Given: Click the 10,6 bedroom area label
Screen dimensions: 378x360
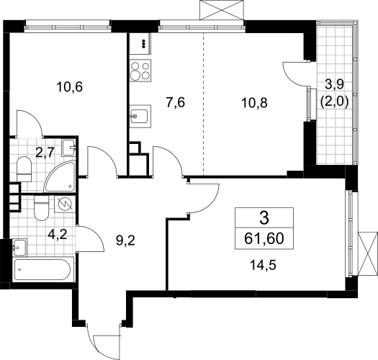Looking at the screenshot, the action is pos(69,87).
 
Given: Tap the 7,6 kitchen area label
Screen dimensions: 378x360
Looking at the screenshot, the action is pos(176,103).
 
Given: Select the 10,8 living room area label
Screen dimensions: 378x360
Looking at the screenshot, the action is pos(254,103).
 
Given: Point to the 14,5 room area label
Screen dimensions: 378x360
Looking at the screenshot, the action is pos(263,266).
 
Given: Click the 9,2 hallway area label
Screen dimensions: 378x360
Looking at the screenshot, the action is pos(125,240).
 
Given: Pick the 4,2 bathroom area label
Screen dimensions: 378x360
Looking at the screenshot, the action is pos(57,234).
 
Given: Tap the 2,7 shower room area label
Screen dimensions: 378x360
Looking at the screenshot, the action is pos(45,153).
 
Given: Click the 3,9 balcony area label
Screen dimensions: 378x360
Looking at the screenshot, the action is pos(334,85).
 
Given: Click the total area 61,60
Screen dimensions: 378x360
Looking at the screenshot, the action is pos(264,239).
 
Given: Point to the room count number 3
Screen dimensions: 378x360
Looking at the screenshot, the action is pos(264,218).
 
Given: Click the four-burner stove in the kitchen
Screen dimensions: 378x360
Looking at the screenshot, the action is pos(140,70).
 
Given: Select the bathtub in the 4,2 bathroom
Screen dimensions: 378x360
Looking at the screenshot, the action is pos(44,269).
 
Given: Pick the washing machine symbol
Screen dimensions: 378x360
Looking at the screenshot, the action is pos(65,204).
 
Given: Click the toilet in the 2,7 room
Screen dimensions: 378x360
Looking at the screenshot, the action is pos(24,169).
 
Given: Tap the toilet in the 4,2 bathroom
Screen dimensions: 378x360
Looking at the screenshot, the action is pos(42,208).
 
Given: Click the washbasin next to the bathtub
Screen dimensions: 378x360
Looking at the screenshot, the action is pos(20,248).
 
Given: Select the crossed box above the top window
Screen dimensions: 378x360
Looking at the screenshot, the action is pos(222,10).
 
